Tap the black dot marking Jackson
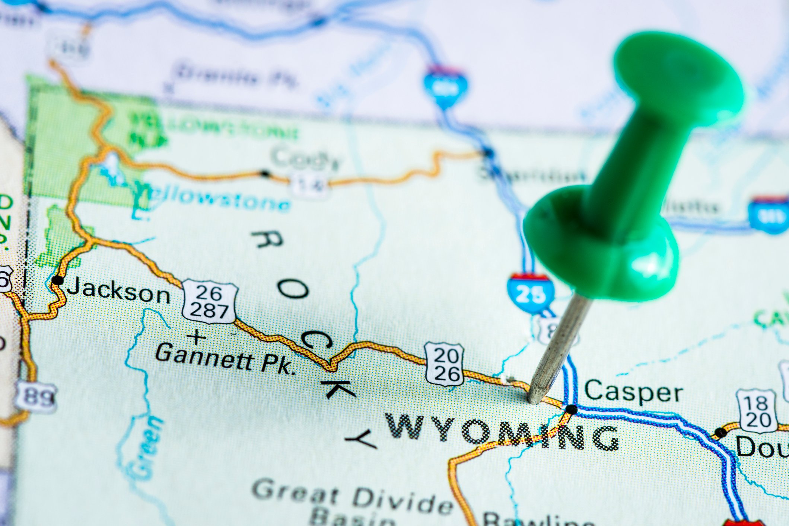click(x=57, y=280)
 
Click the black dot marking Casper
click(x=571, y=410)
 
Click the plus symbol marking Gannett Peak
click(x=196, y=338)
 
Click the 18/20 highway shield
click(x=758, y=411)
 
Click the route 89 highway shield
click(x=36, y=397)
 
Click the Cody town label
click(x=305, y=158)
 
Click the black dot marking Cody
click(x=265, y=174)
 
